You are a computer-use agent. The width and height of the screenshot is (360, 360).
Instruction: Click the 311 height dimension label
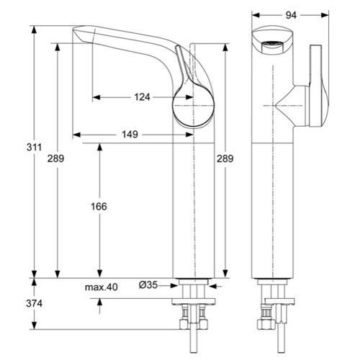(34, 147)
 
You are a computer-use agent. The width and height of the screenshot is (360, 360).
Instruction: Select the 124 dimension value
(142, 97)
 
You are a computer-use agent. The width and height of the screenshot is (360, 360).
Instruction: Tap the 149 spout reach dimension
(130, 135)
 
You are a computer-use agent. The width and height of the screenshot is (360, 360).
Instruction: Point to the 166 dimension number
(99, 207)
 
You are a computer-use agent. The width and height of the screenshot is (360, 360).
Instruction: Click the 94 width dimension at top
(291, 15)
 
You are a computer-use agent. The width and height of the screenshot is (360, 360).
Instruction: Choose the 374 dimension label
(34, 304)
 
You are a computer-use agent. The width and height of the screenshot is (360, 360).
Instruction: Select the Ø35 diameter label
(148, 285)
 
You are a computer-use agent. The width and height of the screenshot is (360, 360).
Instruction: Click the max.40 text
(102, 287)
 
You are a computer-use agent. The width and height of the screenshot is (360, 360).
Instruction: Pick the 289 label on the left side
(55, 158)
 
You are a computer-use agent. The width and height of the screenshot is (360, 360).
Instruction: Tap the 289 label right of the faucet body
(225, 158)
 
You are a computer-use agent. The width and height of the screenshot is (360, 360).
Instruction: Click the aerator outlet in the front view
(271, 45)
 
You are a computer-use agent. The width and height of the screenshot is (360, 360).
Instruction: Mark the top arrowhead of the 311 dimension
(35, 30)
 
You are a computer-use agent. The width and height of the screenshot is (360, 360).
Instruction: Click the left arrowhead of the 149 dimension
(76, 135)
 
